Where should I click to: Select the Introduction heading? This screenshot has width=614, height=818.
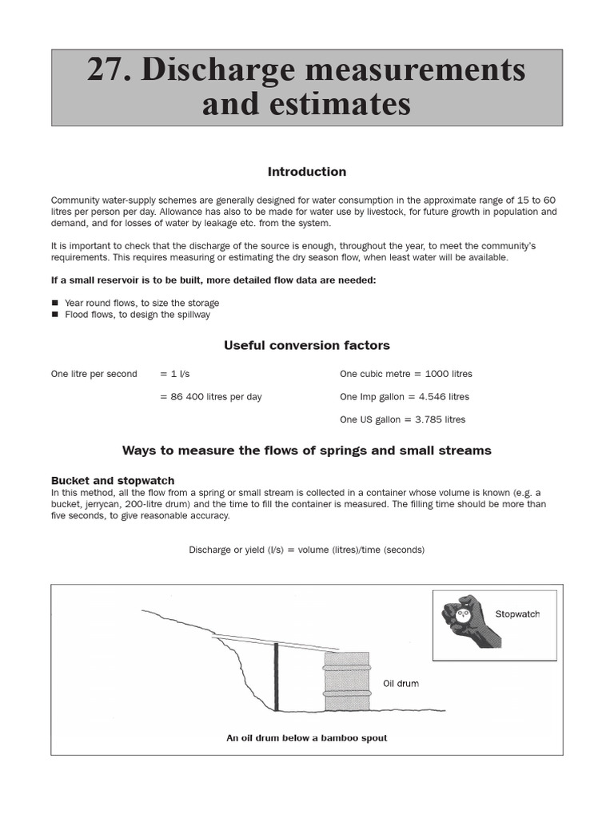[307, 172]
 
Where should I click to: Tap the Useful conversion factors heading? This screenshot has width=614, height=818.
[307, 345]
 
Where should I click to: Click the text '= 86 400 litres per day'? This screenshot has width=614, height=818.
[210, 397]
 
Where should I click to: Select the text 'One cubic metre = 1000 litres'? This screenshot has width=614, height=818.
[405, 374]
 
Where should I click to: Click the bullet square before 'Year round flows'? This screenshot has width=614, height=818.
[55, 304]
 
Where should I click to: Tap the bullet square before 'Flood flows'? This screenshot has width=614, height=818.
[55, 315]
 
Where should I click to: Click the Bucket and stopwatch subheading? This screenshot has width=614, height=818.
[113, 481]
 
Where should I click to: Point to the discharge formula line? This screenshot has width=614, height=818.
[307, 550]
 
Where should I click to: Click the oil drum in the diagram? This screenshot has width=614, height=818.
[346, 681]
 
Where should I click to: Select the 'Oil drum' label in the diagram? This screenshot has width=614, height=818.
[401, 684]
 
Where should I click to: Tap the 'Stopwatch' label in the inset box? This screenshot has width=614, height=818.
[517, 614]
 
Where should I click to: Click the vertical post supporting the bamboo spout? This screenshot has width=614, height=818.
[276, 677]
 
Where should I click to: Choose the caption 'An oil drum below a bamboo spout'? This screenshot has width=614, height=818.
[307, 738]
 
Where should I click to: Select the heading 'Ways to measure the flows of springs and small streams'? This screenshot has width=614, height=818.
[307, 451]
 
